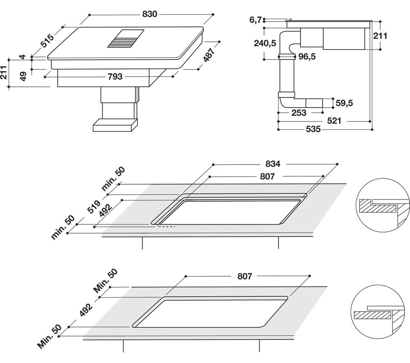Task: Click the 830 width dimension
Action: coord(150,14)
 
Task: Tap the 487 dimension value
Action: coord(209,55)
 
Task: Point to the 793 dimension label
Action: coord(115,77)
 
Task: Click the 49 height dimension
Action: coord(23,76)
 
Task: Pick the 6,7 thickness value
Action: coord(255,20)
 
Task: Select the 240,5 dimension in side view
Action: coord(265,43)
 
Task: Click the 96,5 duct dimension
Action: coord(307,56)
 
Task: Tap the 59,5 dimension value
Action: coord(344,103)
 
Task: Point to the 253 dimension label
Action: coord(298,113)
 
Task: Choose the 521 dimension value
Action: coord(334,121)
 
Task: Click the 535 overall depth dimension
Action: coord(313,129)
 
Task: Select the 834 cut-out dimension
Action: coord(273,164)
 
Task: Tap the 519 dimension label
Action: coord(93,207)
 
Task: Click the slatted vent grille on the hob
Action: coord(126,38)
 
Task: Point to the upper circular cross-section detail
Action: coord(383,205)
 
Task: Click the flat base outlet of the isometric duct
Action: coord(115,125)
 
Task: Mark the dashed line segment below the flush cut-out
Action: coord(166,227)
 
